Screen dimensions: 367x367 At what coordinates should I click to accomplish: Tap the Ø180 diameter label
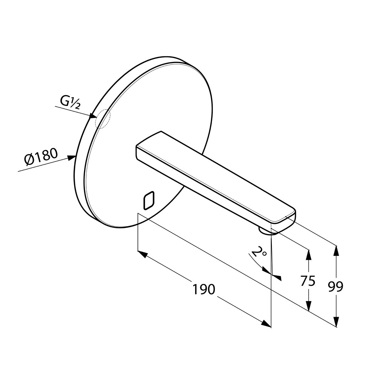(41, 156)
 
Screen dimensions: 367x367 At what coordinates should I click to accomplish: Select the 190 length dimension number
(203, 289)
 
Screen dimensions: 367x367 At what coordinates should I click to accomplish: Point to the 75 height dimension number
(308, 281)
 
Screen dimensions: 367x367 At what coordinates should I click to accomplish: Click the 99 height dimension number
(335, 286)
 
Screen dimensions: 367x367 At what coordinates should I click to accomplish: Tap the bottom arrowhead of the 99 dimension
(336, 322)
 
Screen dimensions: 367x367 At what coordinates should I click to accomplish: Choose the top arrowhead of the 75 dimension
(309, 255)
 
